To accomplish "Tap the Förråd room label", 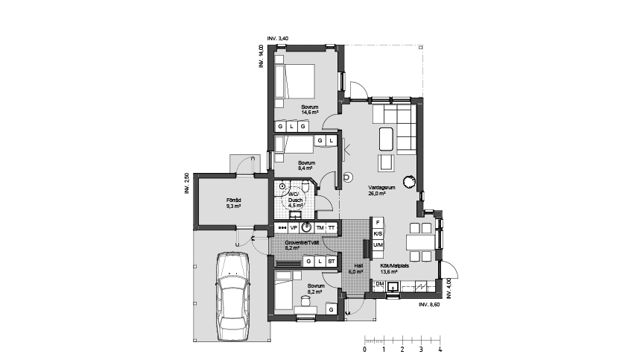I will pos(233,203).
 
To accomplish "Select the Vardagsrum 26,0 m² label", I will pos(376,190).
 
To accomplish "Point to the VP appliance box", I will pos(294,227).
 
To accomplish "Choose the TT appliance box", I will pos(331,227).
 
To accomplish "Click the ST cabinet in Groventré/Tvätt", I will pos(331,262).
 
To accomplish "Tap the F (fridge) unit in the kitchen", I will pos(378,223).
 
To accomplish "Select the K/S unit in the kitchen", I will pos(378,234).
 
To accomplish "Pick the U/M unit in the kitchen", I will pos(378,245).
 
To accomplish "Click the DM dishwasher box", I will pos(379,285).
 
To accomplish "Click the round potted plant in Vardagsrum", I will pos(409,180).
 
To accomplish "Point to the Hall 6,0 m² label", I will pos(358,268).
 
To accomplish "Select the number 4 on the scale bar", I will pos(440,349).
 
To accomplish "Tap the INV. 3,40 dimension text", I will pos(278,38).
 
